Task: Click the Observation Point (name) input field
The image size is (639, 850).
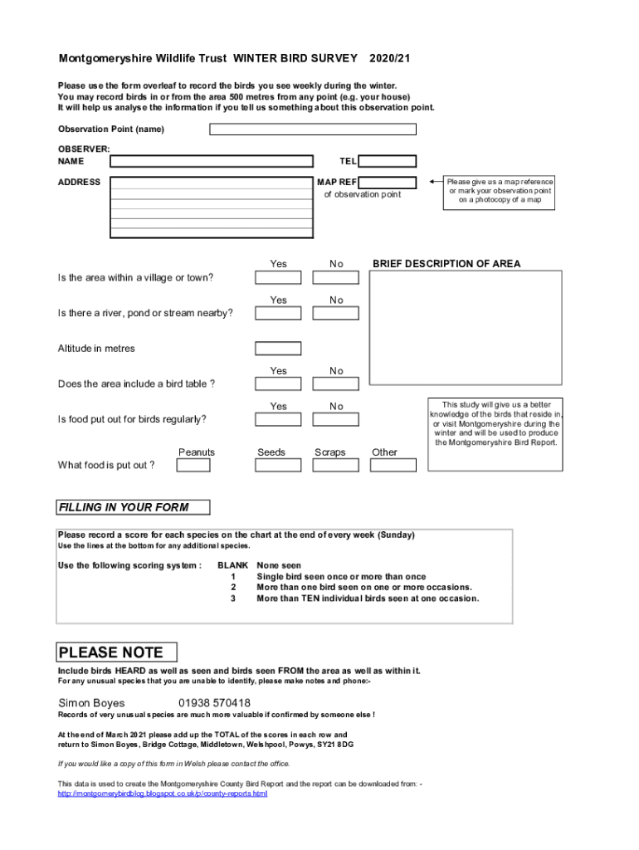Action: click(x=313, y=129)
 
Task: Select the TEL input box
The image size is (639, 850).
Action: click(x=388, y=161)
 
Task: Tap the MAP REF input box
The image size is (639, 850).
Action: click(x=388, y=183)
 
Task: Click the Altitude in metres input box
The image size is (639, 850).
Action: click(x=278, y=349)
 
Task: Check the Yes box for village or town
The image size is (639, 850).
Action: click(x=278, y=277)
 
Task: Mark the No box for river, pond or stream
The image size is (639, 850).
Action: click(x=336, y=313)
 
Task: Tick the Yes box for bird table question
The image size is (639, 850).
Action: click(x=278, y=384)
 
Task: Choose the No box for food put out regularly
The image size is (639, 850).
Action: click(x=336, y=419)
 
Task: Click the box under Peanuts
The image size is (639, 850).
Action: click(x=193, y=465)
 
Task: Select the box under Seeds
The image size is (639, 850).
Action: click(x=278, y=465)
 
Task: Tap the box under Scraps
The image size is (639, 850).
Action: click(x=336, y=465)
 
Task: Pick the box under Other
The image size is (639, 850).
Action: click(x=392, y=465)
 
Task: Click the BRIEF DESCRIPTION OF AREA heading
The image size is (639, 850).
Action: click(x=446, y=264)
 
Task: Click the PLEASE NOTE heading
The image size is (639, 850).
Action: click(x=111, y=652)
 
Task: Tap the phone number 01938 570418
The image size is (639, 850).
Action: click(x=214, y=703)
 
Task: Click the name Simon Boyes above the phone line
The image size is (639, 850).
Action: click(x=91, y=703)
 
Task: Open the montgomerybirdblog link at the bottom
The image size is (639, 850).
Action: click(x=162, y=794)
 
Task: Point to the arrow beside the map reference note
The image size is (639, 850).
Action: click(x=434, y=182)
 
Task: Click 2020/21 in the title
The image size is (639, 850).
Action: click(x=390, y=59)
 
